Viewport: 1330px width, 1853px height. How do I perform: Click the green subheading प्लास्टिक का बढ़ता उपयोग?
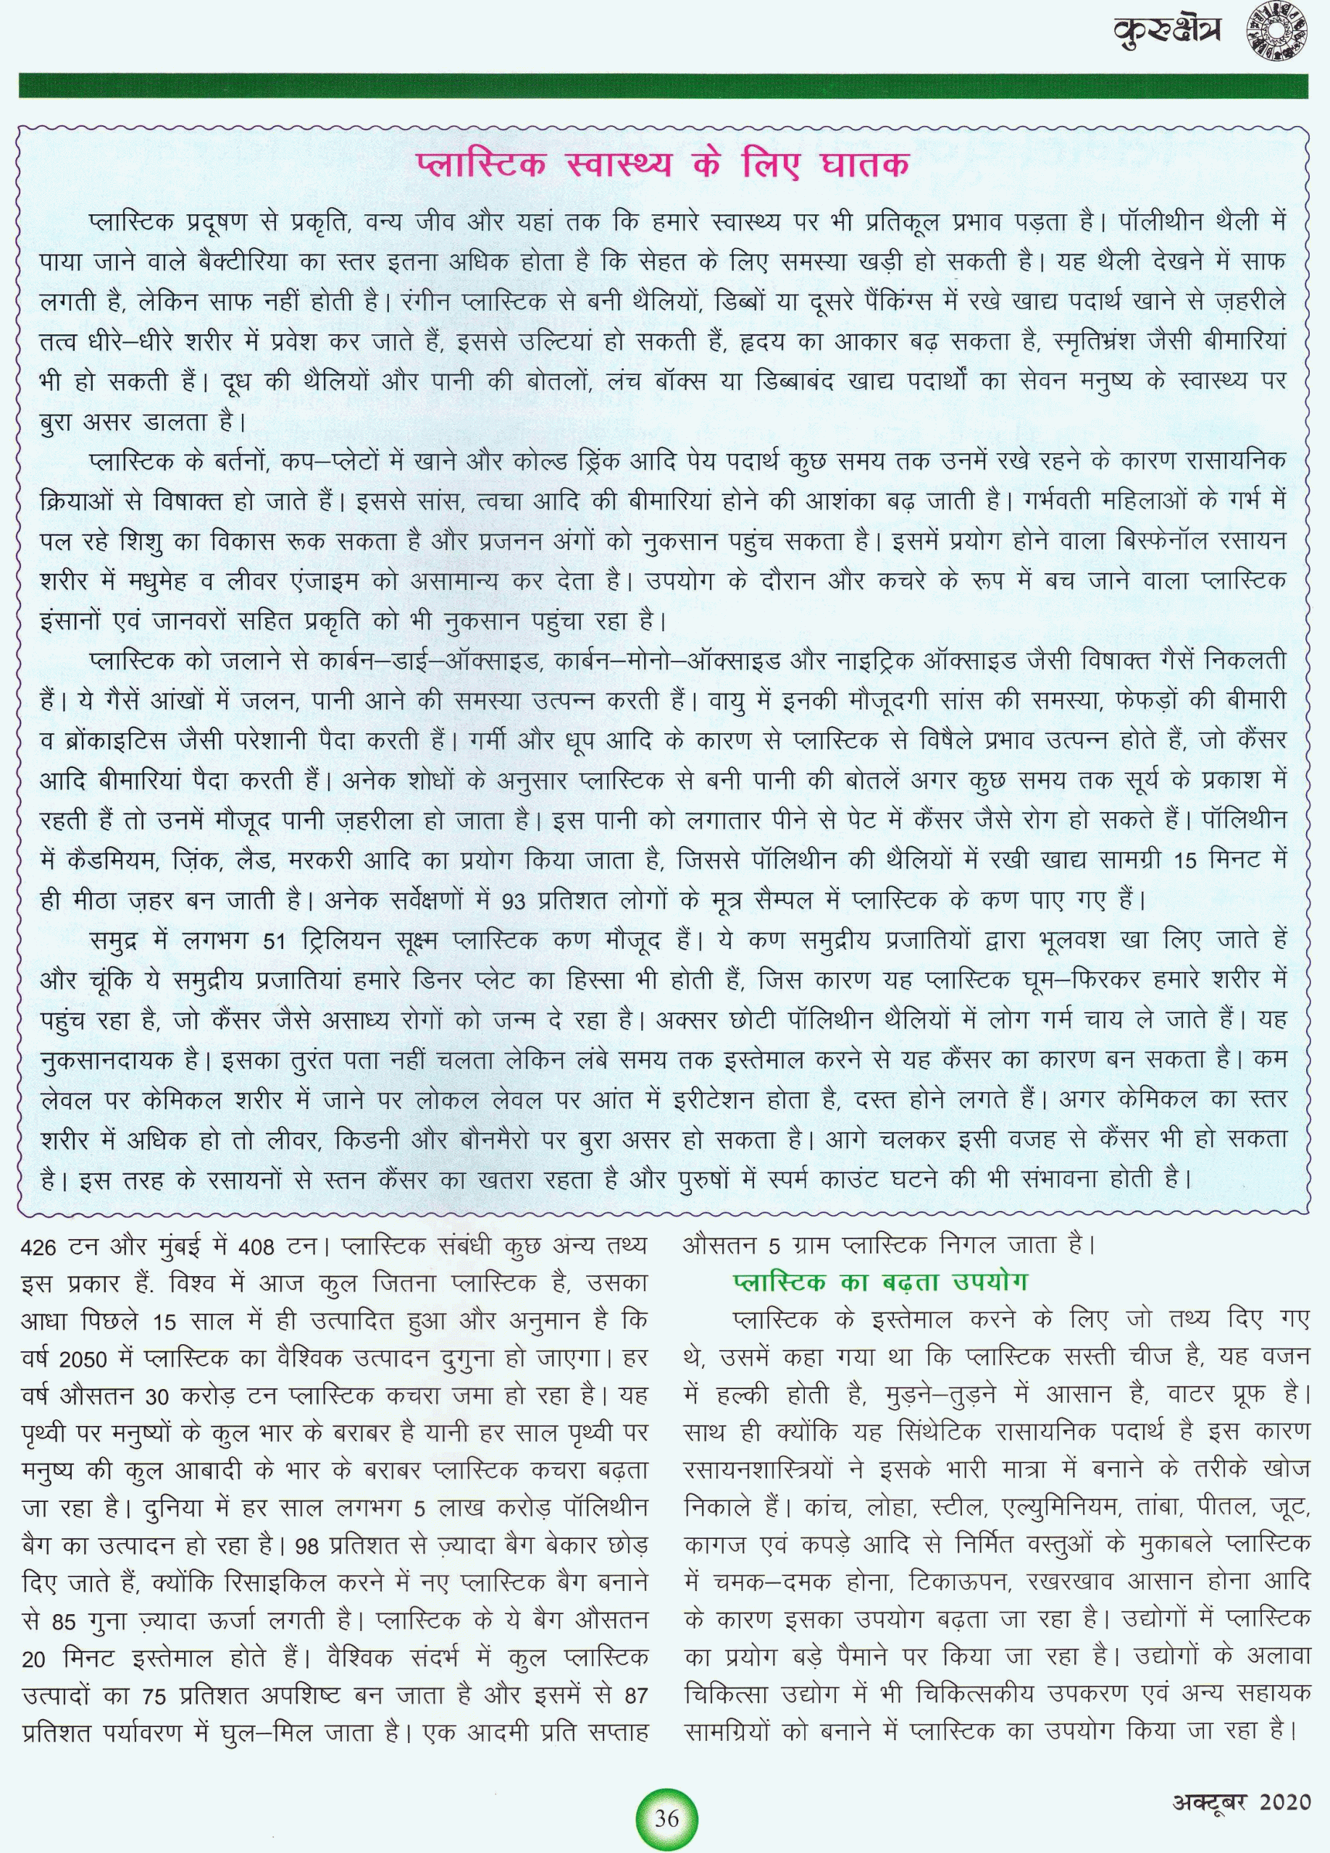[879, 1281]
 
